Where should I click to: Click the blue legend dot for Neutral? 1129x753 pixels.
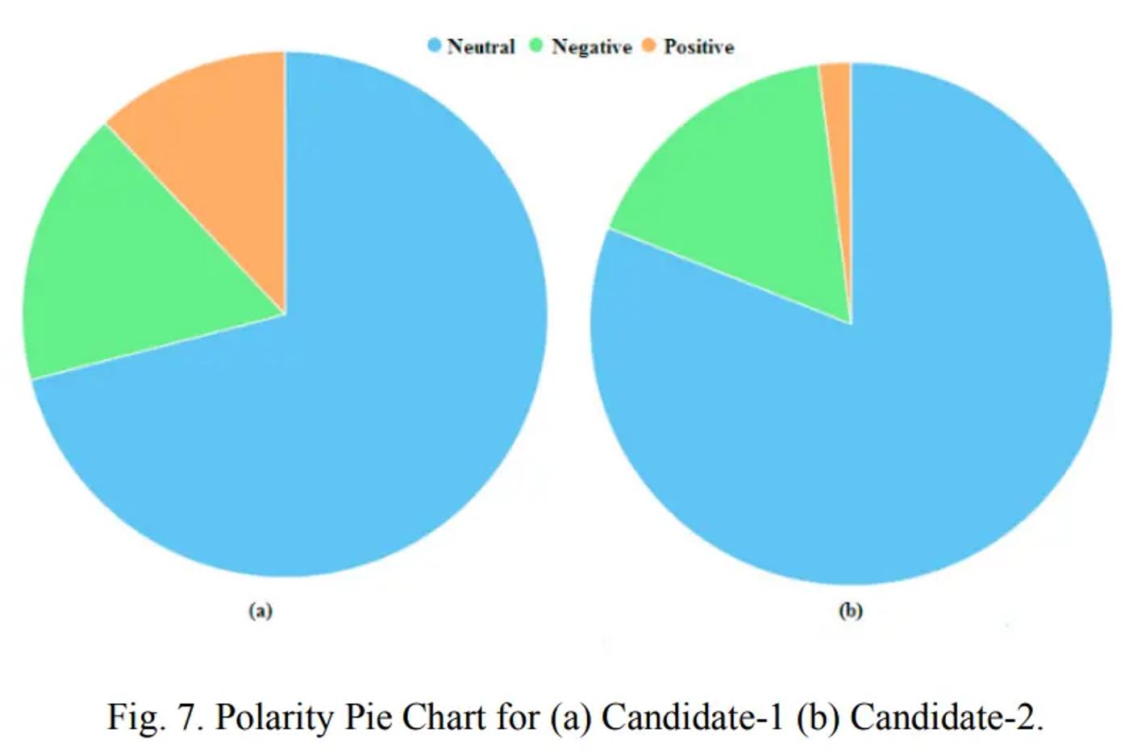click(x=434, y=45)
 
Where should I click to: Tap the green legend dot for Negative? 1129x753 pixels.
click(x=535, y=45)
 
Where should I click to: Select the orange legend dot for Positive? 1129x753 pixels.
click(x=648, y=45)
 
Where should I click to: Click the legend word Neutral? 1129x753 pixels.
click(x=481, y=47)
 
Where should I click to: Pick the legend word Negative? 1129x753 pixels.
click(x=591, y=48)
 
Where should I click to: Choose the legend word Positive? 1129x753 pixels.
click(x=698, y=47)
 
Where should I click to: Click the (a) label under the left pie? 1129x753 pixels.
click(x=260, y=611)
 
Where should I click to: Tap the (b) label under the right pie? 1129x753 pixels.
click(x=851, y=611)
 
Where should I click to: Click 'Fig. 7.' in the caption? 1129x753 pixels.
click(x=155, y=716)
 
